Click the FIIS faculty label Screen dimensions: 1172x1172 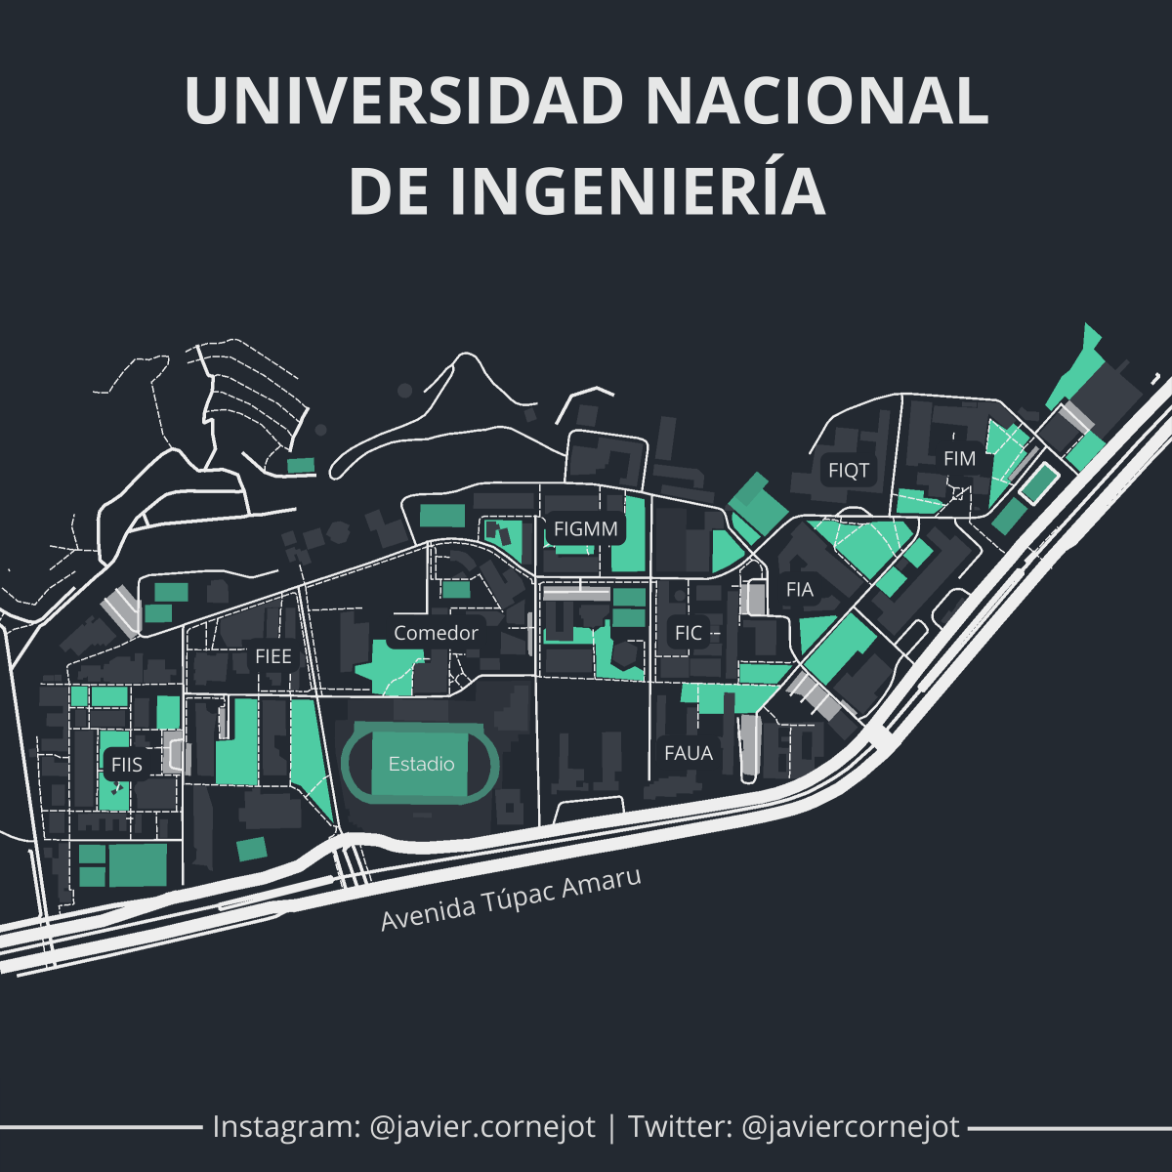[127, 765]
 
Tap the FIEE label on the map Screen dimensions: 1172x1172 [273, 656]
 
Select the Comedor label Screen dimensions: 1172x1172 [436, 633]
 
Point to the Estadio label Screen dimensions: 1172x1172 [422, 764]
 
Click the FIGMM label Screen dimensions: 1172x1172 [586, 529]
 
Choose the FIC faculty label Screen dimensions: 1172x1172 [689, 633]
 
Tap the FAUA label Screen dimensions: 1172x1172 [689, 753]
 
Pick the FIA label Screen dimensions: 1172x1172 [800, 589]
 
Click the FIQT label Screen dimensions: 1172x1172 [849, 470]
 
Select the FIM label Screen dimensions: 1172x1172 [960, 458]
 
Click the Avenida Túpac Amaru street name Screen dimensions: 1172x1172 [511, 900]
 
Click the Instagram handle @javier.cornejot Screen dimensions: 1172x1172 [482, 1127]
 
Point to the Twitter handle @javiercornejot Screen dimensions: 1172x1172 [851, 1127]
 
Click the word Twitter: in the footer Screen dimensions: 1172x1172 [680, 1127]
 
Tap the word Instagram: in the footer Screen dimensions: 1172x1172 [286, 1127]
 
